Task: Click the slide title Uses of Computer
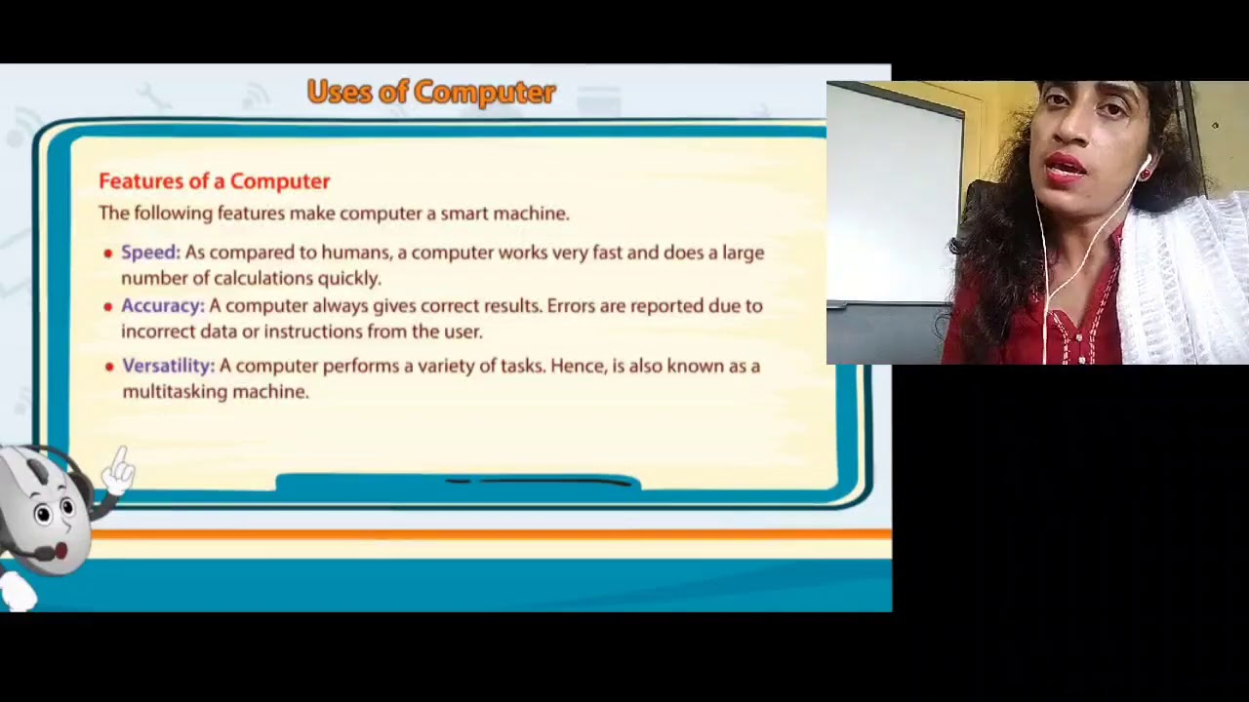[430, 92]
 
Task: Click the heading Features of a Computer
[215, 181]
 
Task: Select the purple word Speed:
[150, 253]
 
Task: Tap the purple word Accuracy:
[162, 306]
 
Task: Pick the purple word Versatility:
[168, 366]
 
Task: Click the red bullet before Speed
[108, 253]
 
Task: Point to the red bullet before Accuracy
[108, 307]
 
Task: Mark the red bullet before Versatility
[109, 367]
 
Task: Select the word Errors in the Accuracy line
[571, 306]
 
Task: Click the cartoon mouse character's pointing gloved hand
[120, 470]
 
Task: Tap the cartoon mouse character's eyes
[54, 509]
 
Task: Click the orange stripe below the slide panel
[488, 534]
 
